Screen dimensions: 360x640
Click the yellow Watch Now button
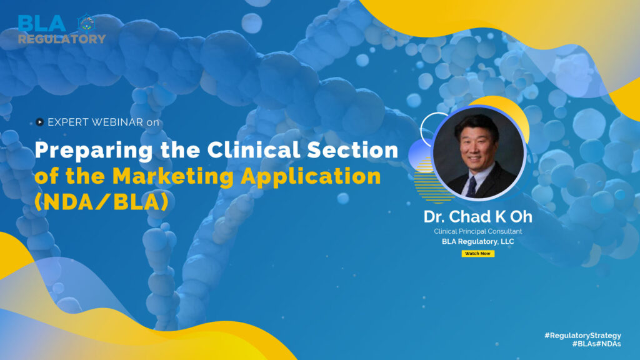(478, 254)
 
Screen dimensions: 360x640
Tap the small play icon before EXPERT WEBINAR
(40, 122)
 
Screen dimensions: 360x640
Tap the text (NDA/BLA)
(101, 202)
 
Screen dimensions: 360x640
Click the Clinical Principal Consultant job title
(478, 231)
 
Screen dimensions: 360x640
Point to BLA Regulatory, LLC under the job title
(478, 241)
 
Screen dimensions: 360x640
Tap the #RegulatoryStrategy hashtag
(582, 336)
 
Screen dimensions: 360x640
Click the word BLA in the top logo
(42, 24)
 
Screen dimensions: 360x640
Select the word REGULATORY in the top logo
(62, 39)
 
